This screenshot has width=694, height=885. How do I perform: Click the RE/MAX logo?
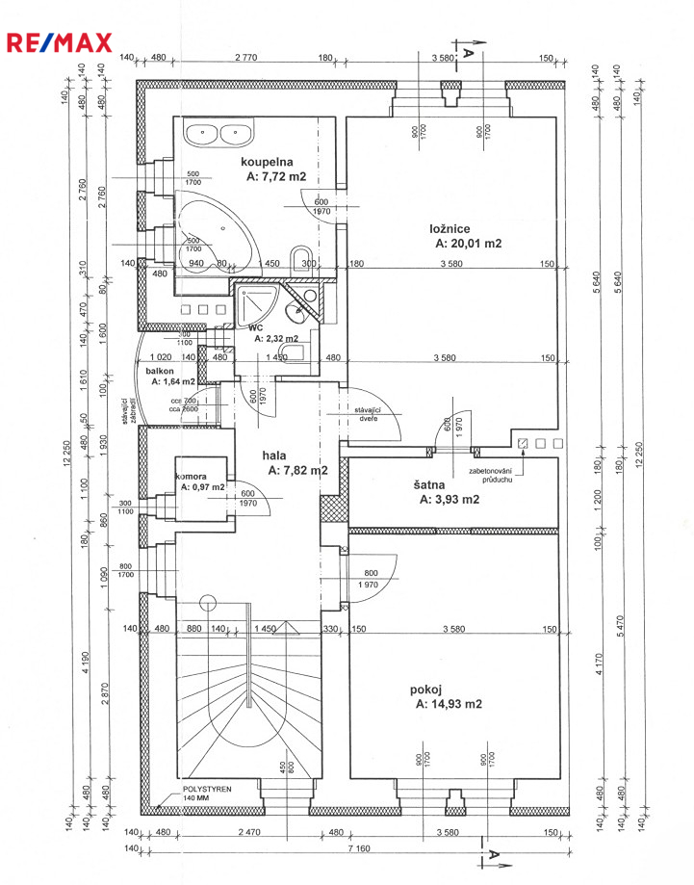point(60,41)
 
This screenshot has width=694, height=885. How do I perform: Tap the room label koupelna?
point(267,162)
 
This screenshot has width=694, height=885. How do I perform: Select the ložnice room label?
point(450,228)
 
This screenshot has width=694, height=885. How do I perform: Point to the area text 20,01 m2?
point(469,244)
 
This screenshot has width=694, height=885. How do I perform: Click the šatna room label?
point(435,484)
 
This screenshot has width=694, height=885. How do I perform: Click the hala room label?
point(278,455)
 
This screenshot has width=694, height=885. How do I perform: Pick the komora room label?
point(192,476)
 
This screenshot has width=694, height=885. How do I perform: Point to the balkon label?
point(160,370)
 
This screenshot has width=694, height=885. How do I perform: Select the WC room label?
point(256,327)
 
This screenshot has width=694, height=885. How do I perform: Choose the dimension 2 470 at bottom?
point(248,831)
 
